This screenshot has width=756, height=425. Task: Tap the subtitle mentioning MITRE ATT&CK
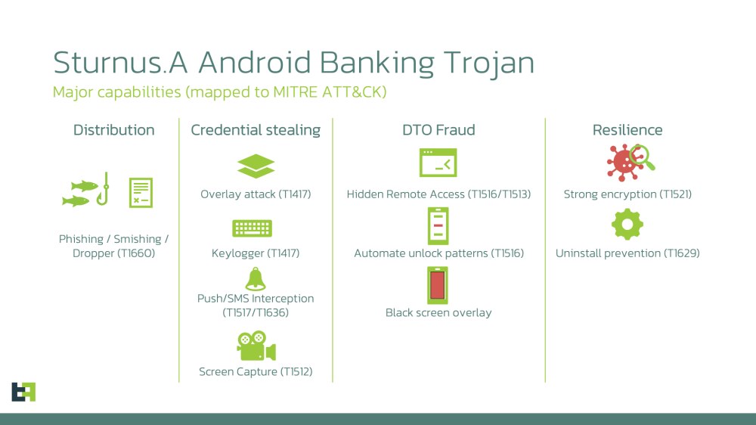(x=220, y=92)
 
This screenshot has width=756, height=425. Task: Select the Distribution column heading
(x=113, y=130)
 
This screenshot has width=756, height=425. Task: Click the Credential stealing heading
(x=256, y=130)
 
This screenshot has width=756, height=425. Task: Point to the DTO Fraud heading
(x=438, y=130)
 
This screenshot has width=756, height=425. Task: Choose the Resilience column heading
(x=627, y=130)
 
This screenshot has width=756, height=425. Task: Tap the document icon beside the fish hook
(x=141, y=192)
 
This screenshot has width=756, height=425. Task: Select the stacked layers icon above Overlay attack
(x=256, y=166)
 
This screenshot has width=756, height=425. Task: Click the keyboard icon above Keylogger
(x=252, y=228)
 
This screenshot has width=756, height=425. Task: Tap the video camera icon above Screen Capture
(x=256, y=347)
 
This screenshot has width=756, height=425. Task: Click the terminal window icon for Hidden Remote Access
(x=438, y=163)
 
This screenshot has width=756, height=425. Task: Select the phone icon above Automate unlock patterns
(x=438, y=225)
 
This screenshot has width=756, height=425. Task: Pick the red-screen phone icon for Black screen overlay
(x=438, y=285)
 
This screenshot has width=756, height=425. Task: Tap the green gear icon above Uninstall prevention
(x=627, y=225)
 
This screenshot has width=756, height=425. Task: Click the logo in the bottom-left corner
(x=23, y=392)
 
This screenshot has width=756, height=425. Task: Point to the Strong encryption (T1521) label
(x=627, y=194)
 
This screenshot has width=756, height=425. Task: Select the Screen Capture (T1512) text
(x=256, y=371)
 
